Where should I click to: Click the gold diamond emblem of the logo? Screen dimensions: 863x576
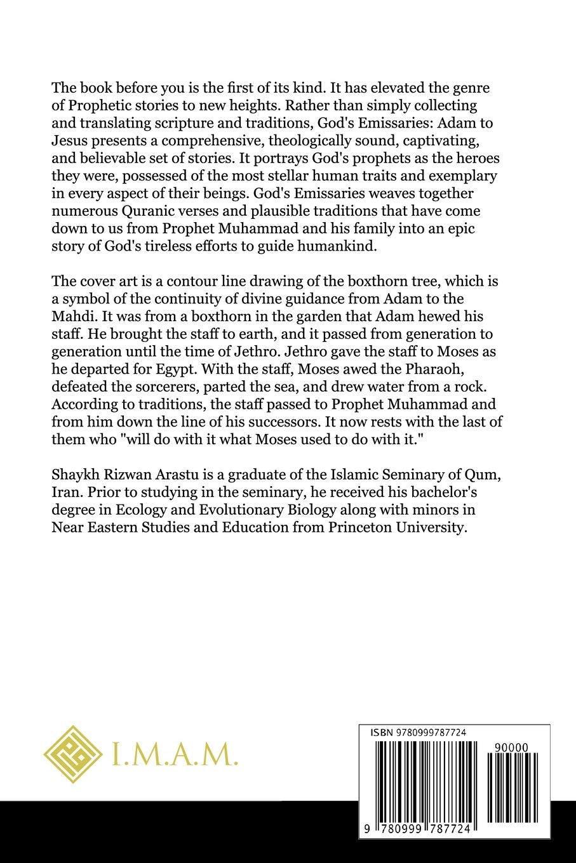tap(74, 754)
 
